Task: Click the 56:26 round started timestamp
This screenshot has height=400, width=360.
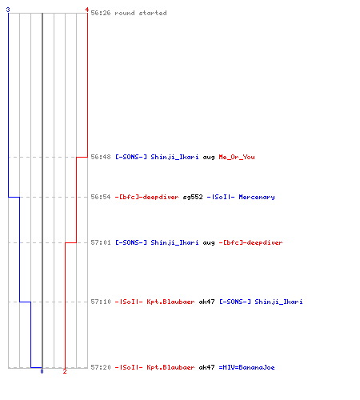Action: [x=101, y=13]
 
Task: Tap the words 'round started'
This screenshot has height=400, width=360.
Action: [x=141, y=13]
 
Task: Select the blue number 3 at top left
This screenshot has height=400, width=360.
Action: [x=8, y=10]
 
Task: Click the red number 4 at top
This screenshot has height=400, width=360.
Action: [x=87, y=10]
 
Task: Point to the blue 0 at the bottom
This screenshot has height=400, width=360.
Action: [x=42, y=371]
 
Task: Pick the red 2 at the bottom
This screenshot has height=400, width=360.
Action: [x=65, y=371]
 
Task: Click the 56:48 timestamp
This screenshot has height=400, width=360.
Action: [x=101, y=157]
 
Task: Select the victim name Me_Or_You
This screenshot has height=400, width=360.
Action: [x=237, y=157]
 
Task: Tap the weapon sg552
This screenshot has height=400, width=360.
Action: [x=193, y=197]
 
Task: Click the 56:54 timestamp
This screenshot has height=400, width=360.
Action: [x=101, y=197]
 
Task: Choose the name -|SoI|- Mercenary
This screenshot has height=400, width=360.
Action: [x=241, y=197]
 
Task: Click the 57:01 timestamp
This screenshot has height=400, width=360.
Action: [x=101, y=242]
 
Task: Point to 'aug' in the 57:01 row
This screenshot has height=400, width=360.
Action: [x=209, y=243]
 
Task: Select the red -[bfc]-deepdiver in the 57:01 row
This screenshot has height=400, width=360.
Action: [x=250, y=242]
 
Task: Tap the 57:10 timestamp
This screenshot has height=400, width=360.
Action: [x=101, y=302]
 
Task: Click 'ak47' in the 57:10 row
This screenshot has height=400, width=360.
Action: [x=206, y=302]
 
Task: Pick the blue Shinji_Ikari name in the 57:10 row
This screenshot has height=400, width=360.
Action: [x=278, y=302]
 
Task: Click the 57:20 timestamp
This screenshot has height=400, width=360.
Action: [x=101, y=367]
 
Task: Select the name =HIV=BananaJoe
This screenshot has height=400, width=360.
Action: [x=246, y=367]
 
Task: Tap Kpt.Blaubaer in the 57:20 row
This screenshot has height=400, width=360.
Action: [x=170, y=367]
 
